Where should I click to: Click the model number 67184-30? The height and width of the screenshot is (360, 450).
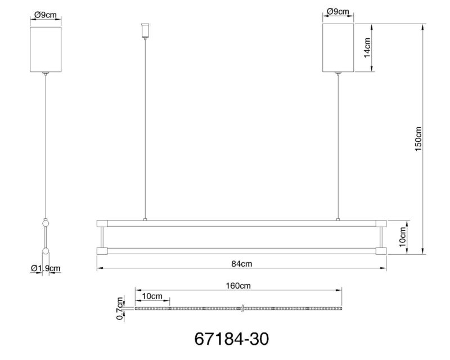232,339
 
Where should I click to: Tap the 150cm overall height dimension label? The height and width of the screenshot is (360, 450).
418,139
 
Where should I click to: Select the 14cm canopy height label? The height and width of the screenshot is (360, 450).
367,48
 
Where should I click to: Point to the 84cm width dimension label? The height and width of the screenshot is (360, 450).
242,264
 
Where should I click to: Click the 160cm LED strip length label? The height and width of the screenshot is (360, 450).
238,286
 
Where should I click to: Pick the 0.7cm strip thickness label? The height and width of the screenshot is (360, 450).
120,309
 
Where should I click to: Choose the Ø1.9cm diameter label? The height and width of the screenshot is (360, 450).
46,268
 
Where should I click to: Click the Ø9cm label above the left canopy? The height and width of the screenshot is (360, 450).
46,15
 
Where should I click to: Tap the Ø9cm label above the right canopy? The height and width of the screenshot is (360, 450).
338,11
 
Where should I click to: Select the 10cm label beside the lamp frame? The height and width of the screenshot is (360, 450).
403,237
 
